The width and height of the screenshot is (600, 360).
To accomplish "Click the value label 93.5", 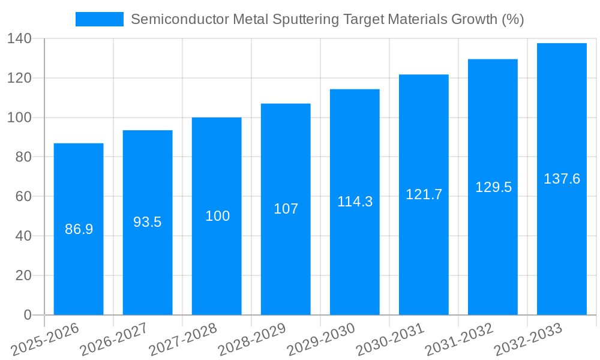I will pos(148,222).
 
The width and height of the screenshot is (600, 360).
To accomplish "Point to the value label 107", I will pos(286,209).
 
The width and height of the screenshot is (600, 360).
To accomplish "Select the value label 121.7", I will pos(424,194).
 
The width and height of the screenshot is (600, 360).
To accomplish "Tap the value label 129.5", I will pos(493,187).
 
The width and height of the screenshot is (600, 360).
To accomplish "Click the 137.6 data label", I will pos(562,179).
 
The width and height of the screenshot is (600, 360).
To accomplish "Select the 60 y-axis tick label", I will pos(23,196).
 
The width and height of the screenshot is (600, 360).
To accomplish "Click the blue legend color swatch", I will pos(99,19).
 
